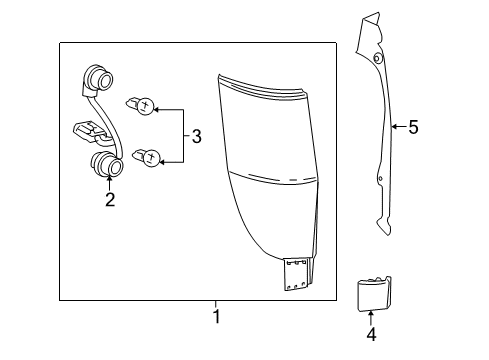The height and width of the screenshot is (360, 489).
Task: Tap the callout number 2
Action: (x=111, y=199)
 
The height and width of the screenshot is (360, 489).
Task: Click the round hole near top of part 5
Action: (x=377, y=59)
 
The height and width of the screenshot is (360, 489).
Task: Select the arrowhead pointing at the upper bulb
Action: (x=160, y=108)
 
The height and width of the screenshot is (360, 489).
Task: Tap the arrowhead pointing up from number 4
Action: (x=373, y=316)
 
